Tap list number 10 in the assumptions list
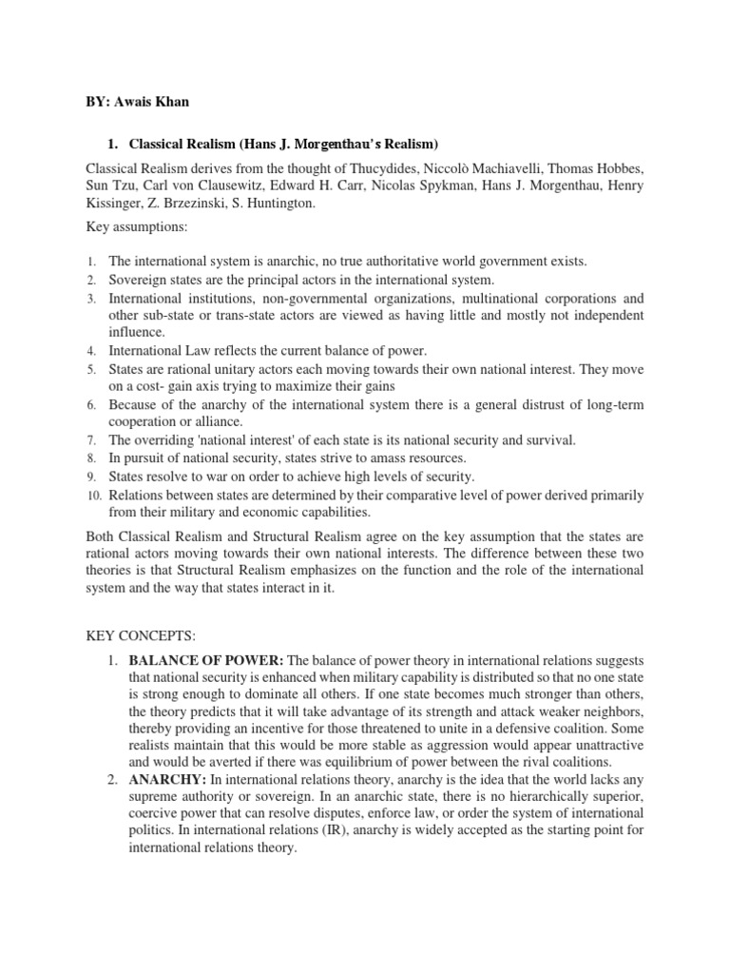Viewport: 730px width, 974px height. coord(89,496)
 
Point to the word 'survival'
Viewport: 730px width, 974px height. coord(547,440)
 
